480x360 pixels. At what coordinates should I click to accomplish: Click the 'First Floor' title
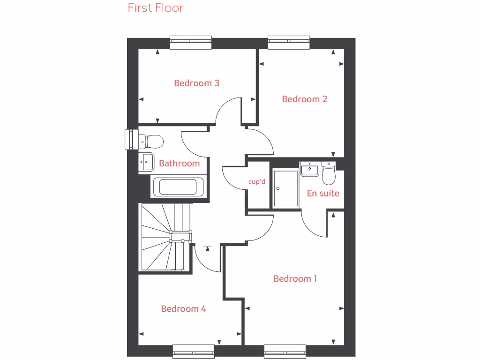pyautogui.click(x=156, y=8)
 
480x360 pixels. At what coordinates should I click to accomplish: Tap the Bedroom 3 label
pyautogui.click(x=196, y=83)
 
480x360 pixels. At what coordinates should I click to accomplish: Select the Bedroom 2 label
pyautogui.click(x=304, y=99)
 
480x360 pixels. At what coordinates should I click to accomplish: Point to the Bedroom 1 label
pyautogui.click(x=295, y=279)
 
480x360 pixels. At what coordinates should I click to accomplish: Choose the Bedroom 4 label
pyautogui.click(x=183, y=309)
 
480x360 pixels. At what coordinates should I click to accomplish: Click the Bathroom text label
pyautogui.click(x=179, y=164)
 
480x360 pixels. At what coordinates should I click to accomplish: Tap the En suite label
pyautogui.click(x=323, y=193)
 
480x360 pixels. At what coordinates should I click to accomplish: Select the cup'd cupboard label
pyautogui.click(x=257, y=181)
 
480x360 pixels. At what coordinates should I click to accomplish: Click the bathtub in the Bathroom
pyautogui.click(x=177, y=187)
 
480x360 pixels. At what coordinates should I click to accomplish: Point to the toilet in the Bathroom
pyautogui.click(x=151, y=140)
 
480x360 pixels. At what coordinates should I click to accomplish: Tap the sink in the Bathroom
pyautogui.click(x=146, y=162)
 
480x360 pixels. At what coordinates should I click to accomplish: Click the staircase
pyautogui.click(x=165, y=237)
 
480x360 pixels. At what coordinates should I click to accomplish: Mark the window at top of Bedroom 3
pyautogui.click(x=190, y=43)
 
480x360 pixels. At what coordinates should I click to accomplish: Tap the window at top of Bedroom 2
pyautogui.click(x=289, y=43)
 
